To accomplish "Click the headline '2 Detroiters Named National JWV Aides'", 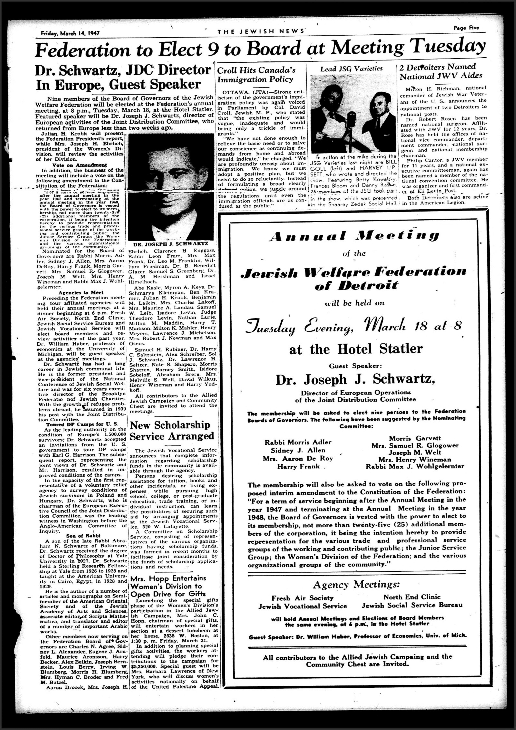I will pos(441,72).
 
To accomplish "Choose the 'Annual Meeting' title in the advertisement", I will pos(354,236).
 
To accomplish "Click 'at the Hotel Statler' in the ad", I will pos(356,349).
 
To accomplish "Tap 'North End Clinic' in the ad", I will pos(412,597).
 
